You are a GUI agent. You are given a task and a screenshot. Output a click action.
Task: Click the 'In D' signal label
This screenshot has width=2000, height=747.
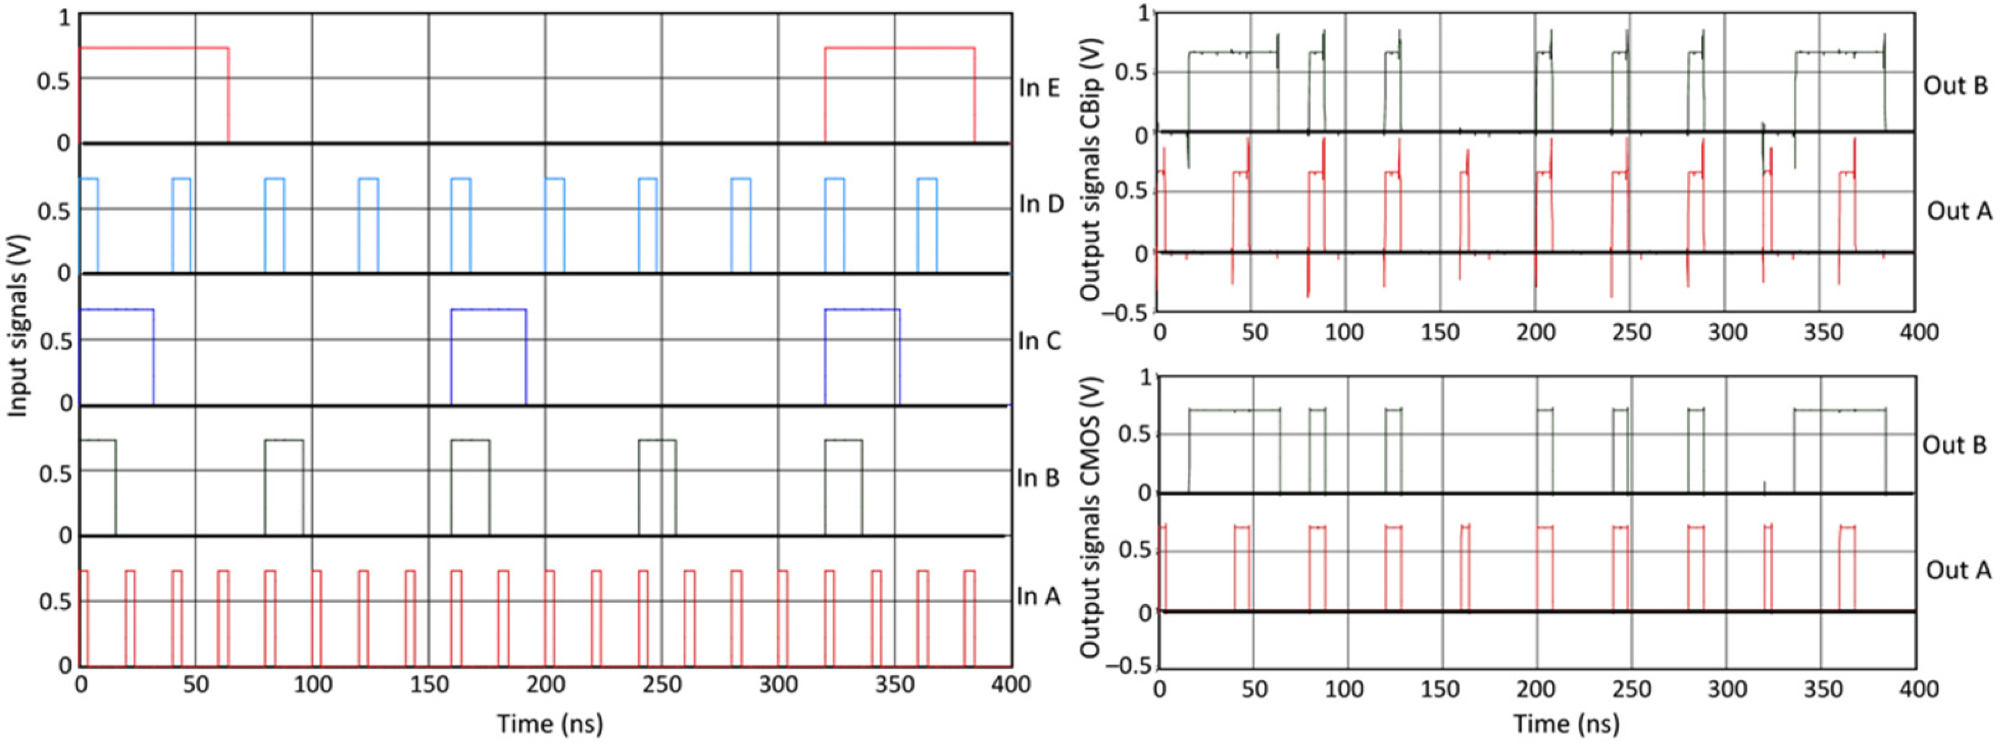point(1040,204)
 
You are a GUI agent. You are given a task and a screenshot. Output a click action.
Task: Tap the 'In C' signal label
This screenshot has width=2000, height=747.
point(1039,341)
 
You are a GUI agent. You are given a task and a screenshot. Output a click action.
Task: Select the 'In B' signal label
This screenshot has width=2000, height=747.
point(1038,478)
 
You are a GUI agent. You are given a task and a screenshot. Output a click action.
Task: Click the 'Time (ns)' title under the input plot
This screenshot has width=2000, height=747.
point(550,723)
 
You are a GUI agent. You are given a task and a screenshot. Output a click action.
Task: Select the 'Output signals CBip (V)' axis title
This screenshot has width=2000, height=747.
point(1091,160)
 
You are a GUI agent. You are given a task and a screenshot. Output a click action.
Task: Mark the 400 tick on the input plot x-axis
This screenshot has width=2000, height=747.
point(1011,684)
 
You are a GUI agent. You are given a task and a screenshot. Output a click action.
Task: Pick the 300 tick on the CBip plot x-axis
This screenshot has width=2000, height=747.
point(1727,332)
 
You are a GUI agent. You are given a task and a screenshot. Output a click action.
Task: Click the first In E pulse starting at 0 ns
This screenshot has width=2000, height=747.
point(154,48)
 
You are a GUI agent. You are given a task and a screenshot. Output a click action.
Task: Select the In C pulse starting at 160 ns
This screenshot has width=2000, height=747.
point(489,310)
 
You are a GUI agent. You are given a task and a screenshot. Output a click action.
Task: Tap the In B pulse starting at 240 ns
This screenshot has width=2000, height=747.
point(657,440)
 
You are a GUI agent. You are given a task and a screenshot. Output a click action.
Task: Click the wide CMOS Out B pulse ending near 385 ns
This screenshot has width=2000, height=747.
point(1839,409)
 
